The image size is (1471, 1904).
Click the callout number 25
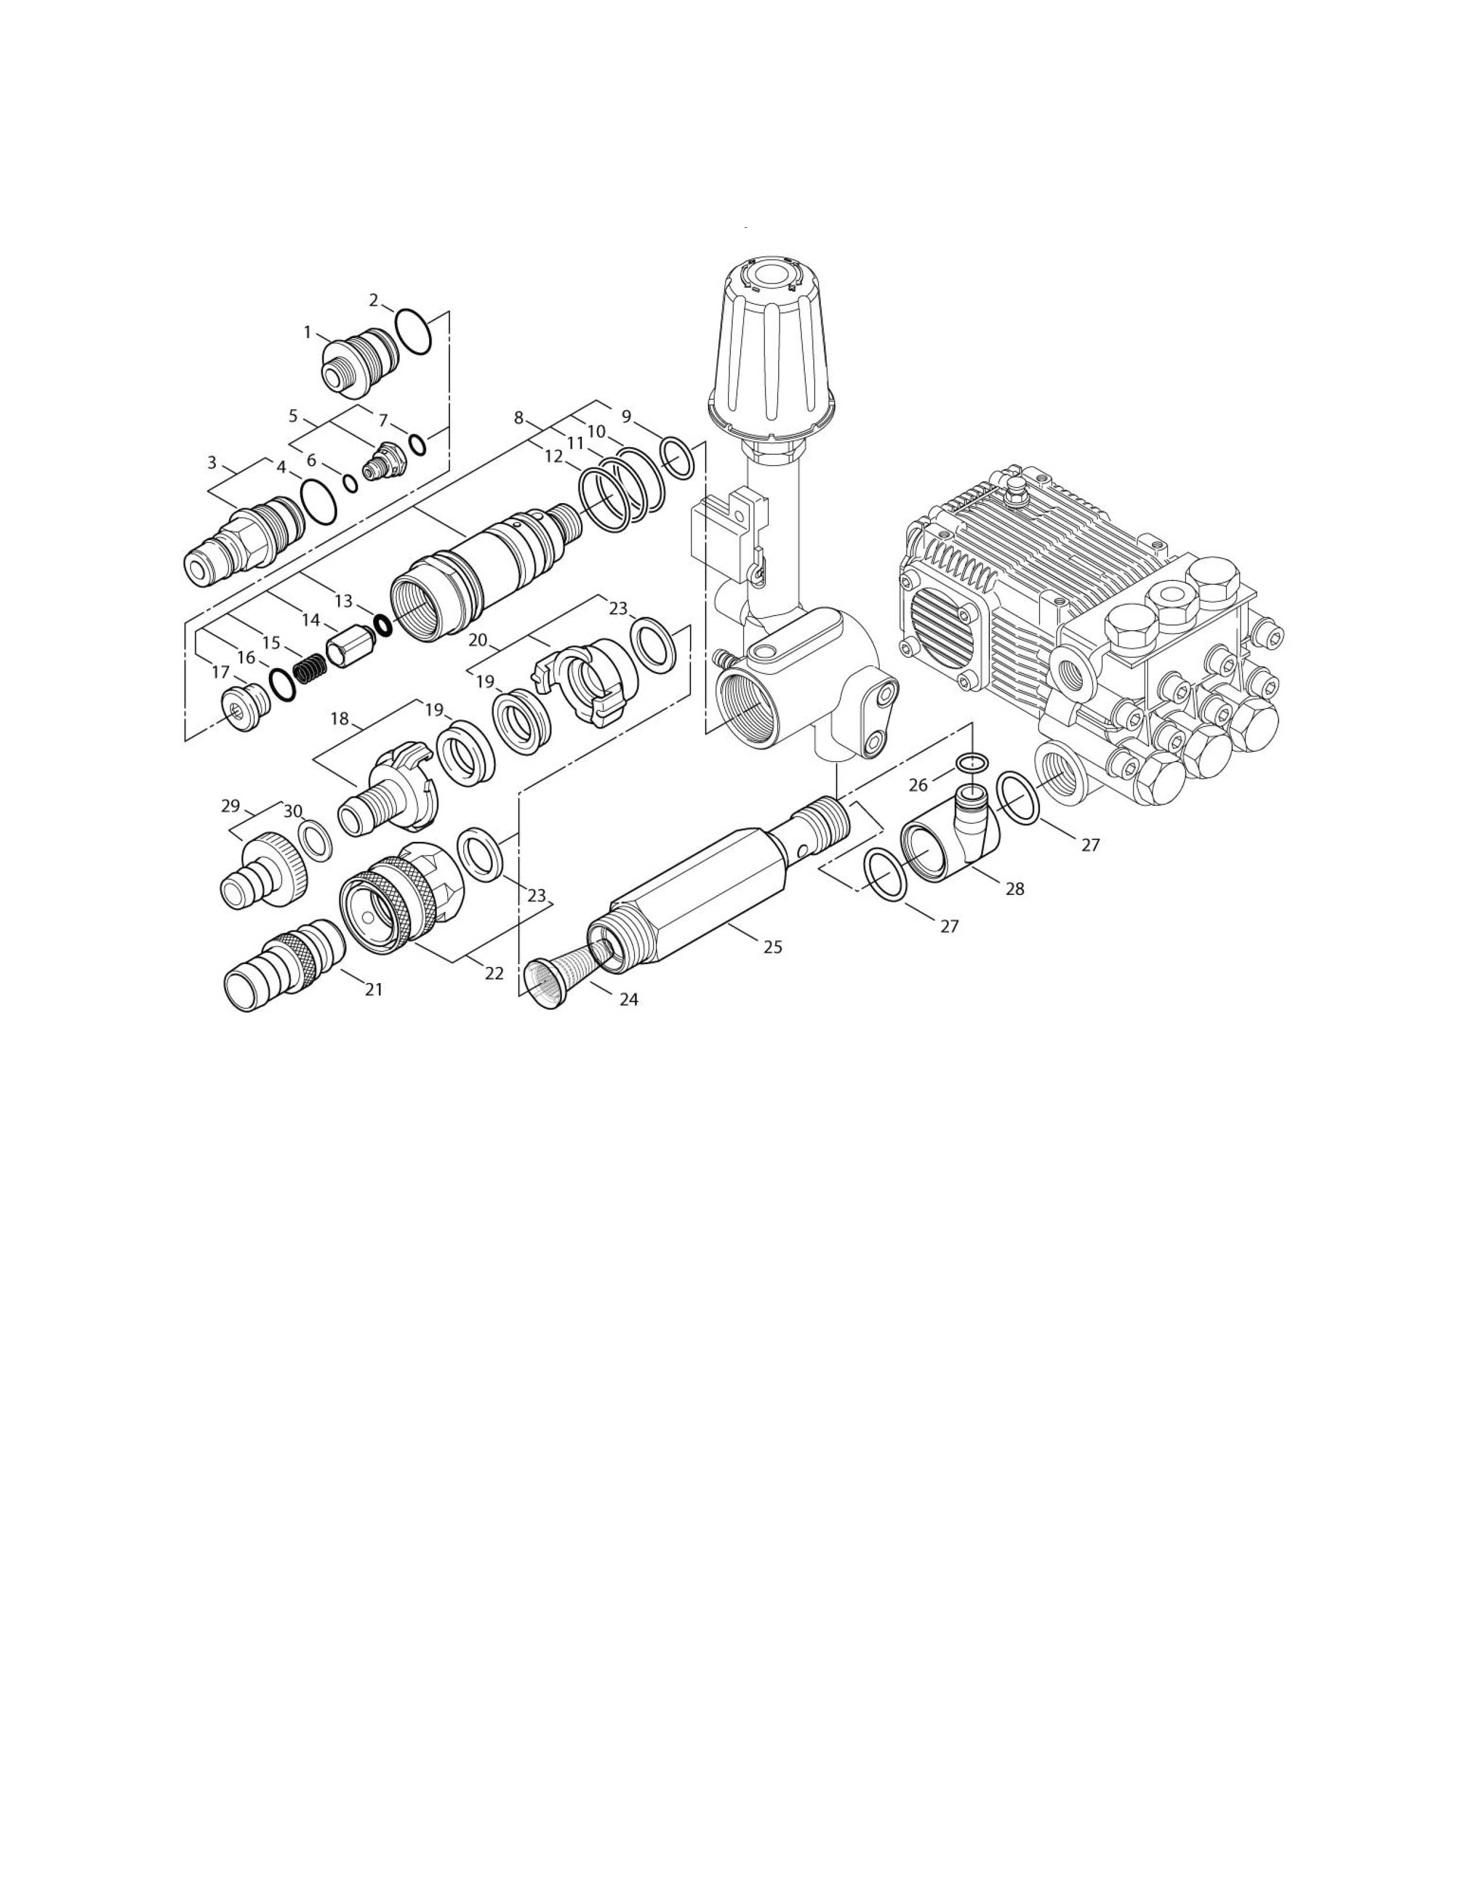tap(773, 947)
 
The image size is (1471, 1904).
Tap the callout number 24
tap(629, 1000)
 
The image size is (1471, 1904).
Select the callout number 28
tap(1014, 889)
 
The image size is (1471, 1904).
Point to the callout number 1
tap(307, 332)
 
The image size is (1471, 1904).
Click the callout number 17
tap(220, 672)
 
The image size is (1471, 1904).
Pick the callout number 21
tap(374, 990)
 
